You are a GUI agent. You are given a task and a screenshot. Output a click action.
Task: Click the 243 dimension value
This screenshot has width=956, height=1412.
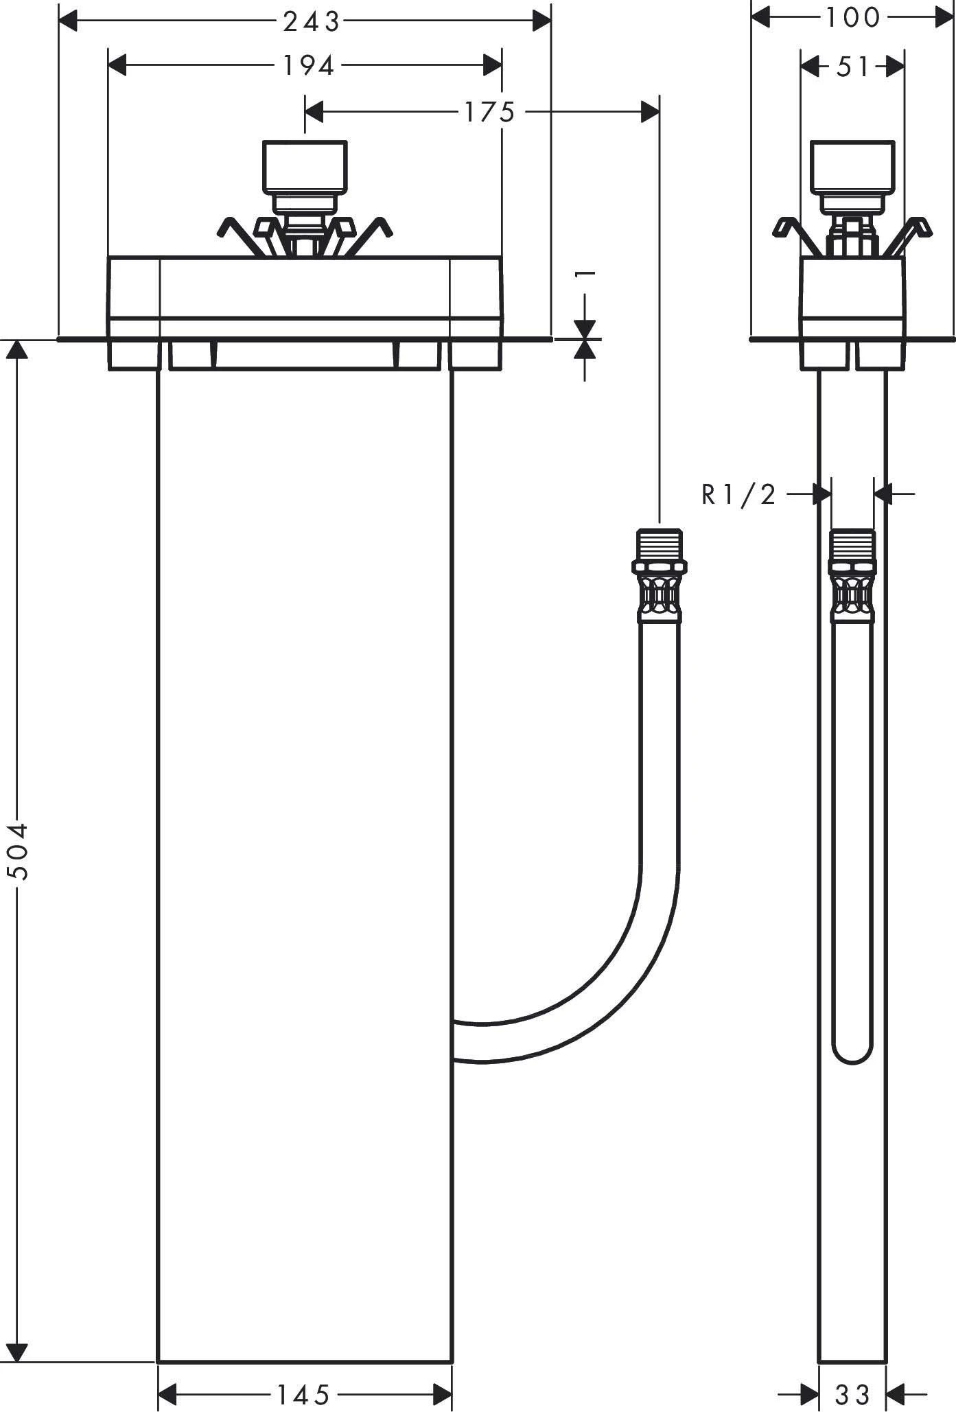click(x=312, y=22)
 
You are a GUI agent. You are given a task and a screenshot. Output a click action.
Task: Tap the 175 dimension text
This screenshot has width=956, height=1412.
click(x=489, y=112)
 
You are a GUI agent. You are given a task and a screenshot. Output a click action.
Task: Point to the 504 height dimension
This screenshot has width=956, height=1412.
click(x=17, y=851)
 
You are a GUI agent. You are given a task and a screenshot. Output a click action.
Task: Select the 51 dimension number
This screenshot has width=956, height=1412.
click(x=853, y=67)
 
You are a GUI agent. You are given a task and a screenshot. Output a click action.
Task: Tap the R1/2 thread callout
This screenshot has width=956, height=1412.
click(x=738, y=494)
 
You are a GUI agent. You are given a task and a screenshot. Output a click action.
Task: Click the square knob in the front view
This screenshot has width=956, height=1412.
click(x=304, y=167)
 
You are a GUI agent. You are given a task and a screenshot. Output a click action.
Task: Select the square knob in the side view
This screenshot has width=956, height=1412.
click(x=852, y=167)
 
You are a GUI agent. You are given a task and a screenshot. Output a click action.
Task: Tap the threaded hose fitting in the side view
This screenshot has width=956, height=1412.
click(x=852, y=575)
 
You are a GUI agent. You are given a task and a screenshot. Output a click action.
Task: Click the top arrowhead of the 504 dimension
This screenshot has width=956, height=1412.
click(x=17, y=349)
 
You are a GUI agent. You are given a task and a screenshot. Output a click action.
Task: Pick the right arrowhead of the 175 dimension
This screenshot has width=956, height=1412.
click(x=650, y=111)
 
